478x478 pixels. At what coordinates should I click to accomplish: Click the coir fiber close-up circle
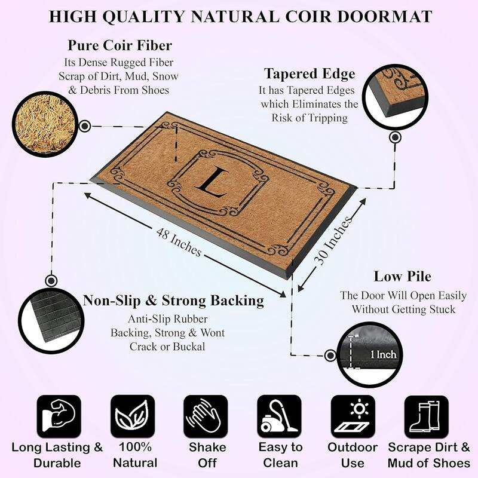(x=45, y=124)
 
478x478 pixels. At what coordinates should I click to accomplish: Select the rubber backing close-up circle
(x=51, y=321)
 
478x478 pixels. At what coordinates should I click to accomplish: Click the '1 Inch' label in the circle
(x=383, y=354)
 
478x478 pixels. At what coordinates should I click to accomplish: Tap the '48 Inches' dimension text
(x=179, y=242)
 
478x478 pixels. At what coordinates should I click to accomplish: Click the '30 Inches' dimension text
(x=333, y=241)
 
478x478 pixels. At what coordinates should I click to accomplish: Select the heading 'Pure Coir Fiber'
(x=120, y=45)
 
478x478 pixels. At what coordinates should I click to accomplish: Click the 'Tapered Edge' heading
(x=310, y=73)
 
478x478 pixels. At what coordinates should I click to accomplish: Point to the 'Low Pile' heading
(x=402, y=276)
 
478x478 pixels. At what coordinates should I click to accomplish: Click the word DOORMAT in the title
(x=384, y=17)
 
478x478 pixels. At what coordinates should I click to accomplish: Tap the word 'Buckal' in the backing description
(x=189, y=347)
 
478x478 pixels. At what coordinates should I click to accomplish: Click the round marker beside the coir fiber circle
(x=84, y=126)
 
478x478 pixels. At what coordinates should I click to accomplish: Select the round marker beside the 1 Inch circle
(x=330, y=356)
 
